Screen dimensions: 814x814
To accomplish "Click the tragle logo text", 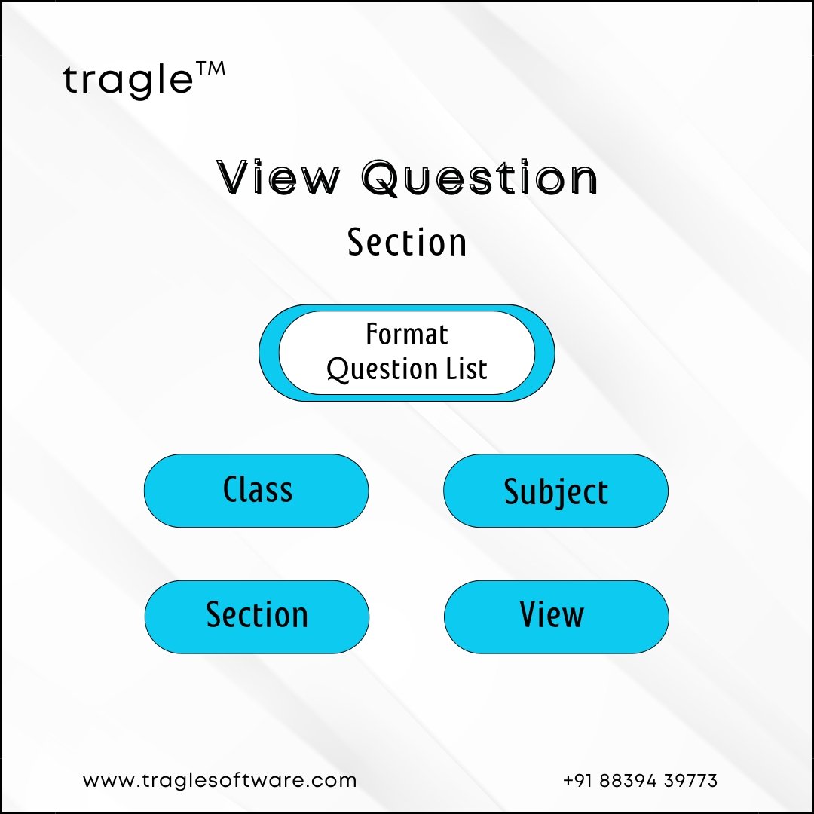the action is coord(127,80).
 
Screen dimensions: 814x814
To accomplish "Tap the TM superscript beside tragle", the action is coord(211,69).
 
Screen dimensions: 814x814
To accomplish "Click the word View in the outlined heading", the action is coord(278,178).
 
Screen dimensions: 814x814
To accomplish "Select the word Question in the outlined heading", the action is coord(479,178).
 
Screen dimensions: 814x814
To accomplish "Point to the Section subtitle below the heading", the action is coord(407,243).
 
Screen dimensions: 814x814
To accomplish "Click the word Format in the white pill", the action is coord(407,334).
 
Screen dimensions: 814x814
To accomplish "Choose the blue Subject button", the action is coord(555,491).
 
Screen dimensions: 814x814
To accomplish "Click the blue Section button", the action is coord(257,617).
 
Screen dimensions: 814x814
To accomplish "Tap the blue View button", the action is coord(556,617).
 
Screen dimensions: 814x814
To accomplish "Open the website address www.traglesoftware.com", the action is coord(219,780).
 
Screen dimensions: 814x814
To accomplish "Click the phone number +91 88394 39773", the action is coord(640,780).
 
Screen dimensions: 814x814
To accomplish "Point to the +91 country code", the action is coord(578,780).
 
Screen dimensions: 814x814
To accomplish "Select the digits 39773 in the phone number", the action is coord(690,780).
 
